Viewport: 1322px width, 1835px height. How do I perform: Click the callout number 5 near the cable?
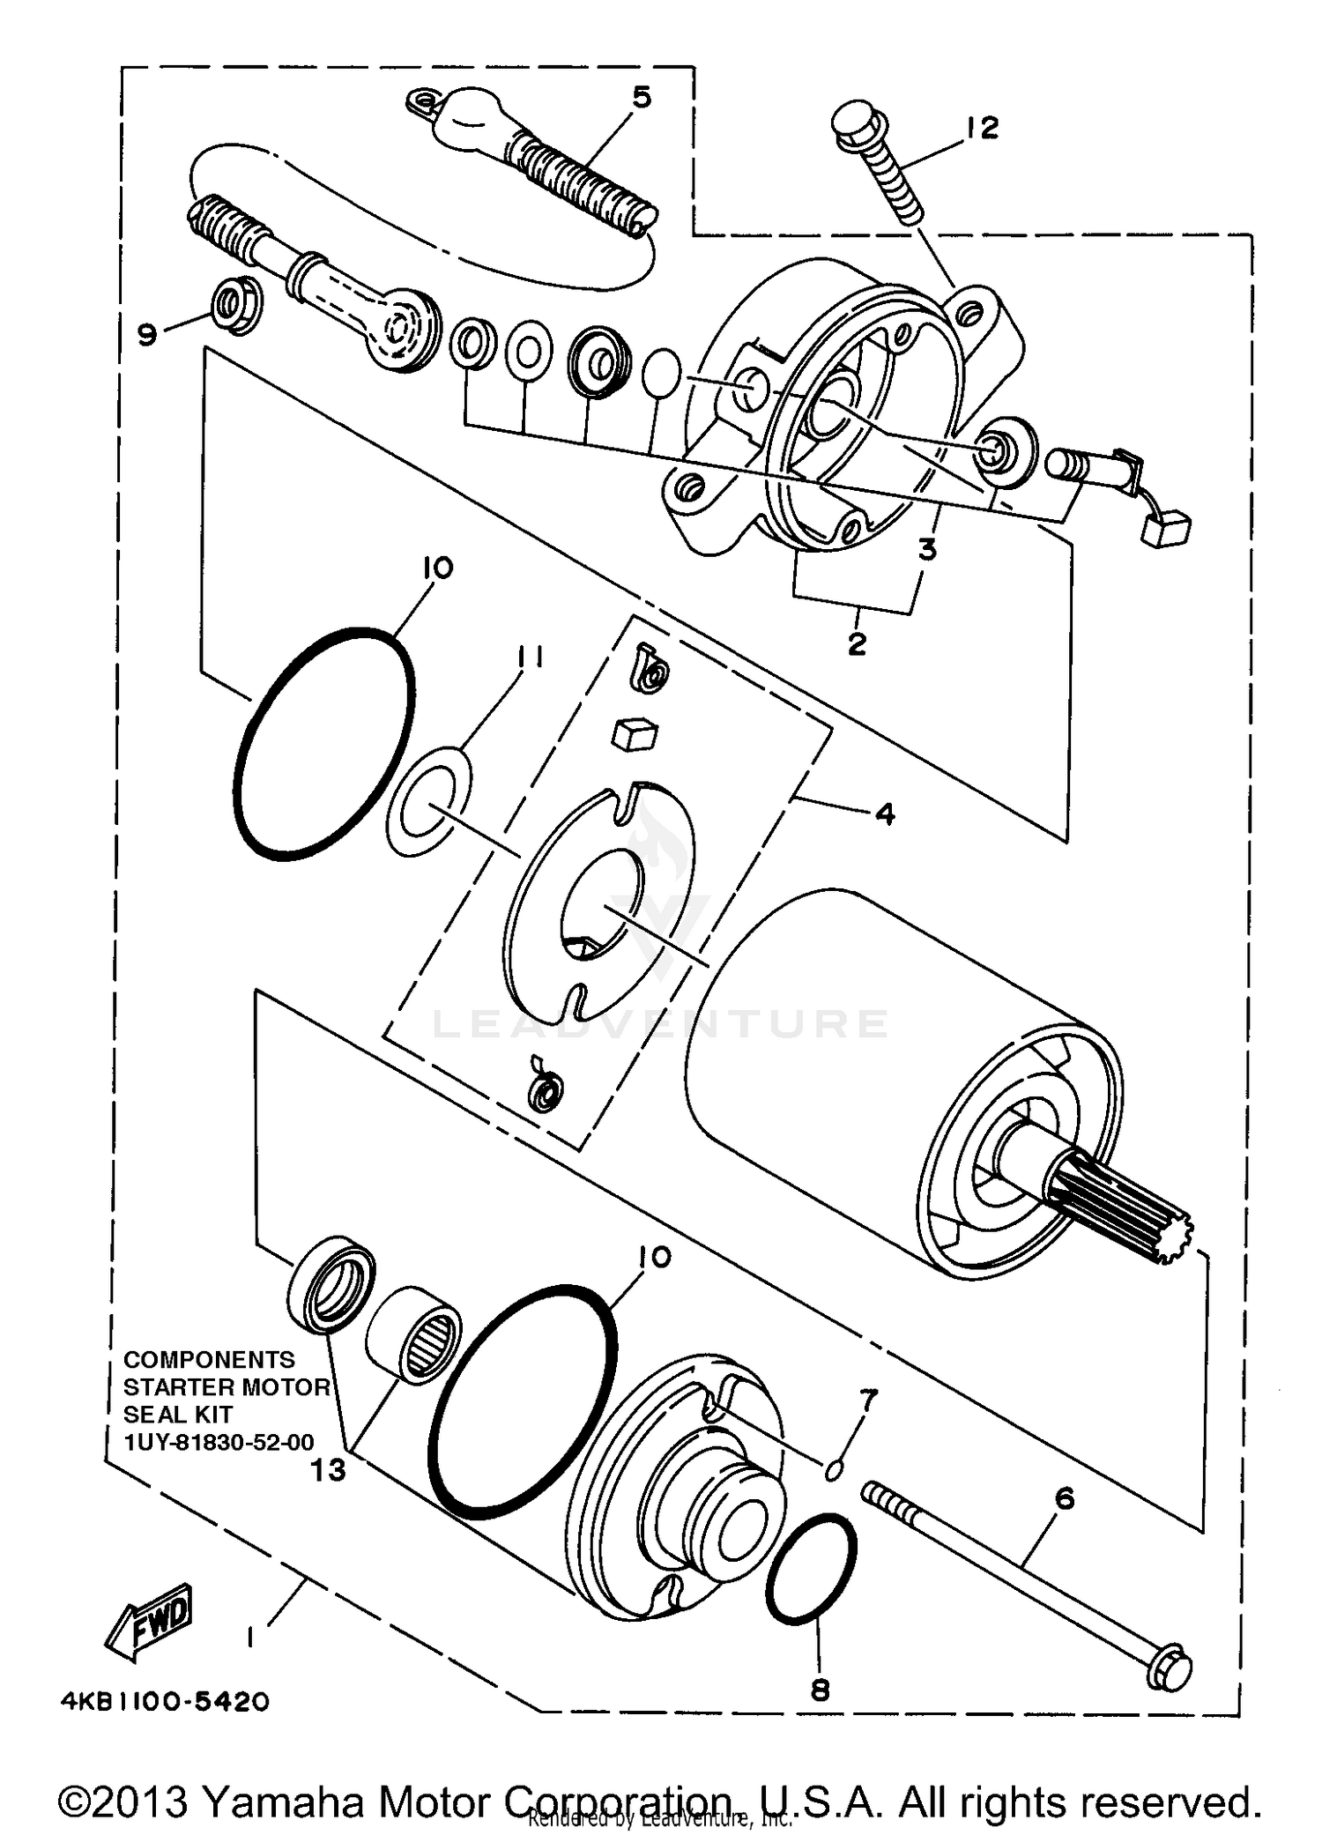(x=642, y=97)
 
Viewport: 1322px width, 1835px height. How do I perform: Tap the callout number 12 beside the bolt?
(x=981, y=128)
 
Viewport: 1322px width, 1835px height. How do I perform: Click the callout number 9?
(x=147, y=335)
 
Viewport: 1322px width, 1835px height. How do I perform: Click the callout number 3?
(x=927, y=550)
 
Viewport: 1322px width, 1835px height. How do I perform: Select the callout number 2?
(x=857, y=643)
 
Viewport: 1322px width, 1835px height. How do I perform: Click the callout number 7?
(x=869, y=1400)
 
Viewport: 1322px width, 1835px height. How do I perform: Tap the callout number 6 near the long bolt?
(x=1065, y=1497)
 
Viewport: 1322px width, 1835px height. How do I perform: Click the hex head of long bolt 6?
(x=1170, y=1668)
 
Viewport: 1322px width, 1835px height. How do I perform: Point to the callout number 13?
(x=329, y=1469)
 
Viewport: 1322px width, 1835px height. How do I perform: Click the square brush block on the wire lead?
(x=1165, y=529)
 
